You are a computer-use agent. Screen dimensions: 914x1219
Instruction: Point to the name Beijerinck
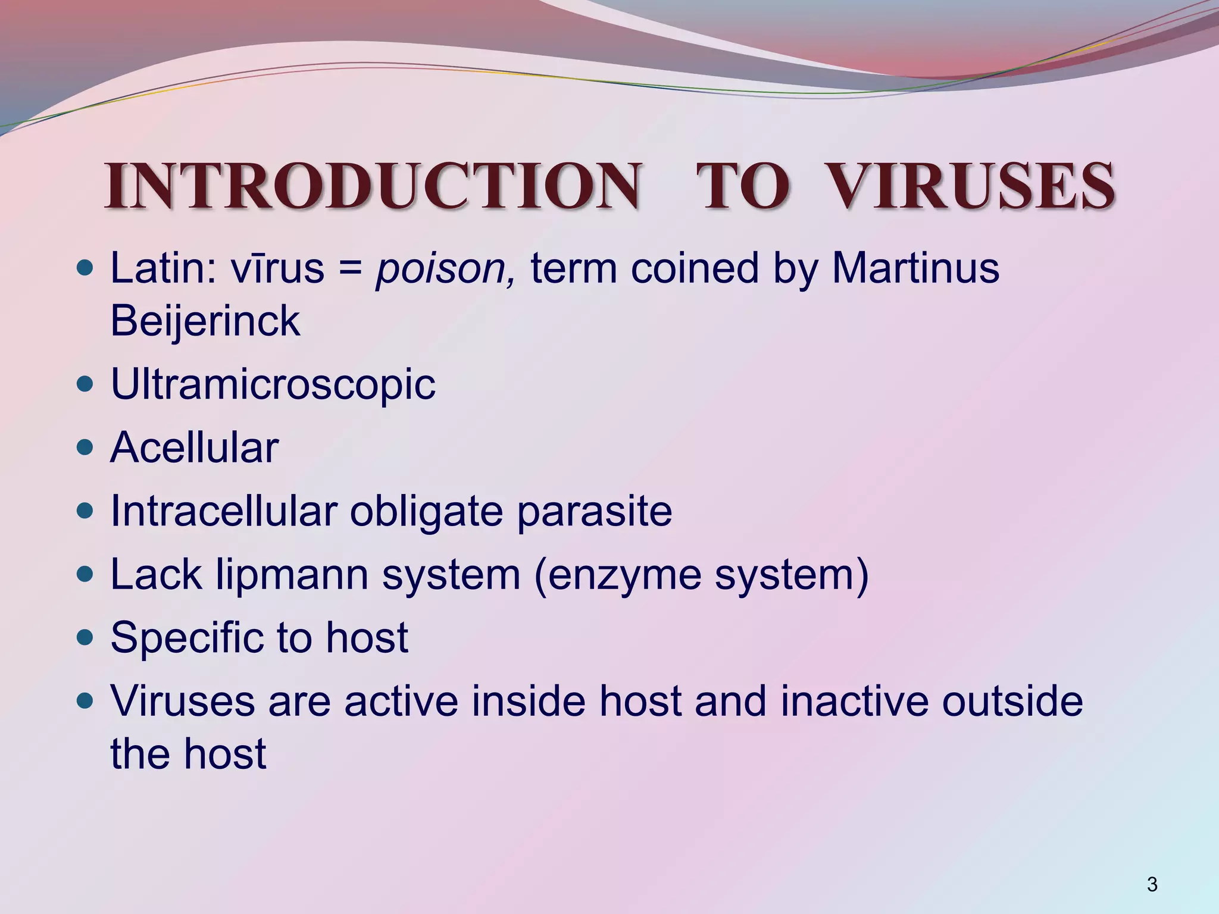coord(205,321)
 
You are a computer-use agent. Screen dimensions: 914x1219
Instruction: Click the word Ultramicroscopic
coord(273,385)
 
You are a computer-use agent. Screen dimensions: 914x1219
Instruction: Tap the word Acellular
coord(195,447)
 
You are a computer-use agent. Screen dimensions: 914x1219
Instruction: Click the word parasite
coord(594,512)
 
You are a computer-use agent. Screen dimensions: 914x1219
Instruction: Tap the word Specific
coord(186,638)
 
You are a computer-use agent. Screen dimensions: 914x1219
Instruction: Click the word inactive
coord(854,701)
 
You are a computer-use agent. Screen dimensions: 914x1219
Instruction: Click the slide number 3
coord(1152,884)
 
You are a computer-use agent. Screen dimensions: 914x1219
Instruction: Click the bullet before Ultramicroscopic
coord(86,384)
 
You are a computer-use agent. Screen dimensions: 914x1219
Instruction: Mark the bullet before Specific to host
coord(86,638)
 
